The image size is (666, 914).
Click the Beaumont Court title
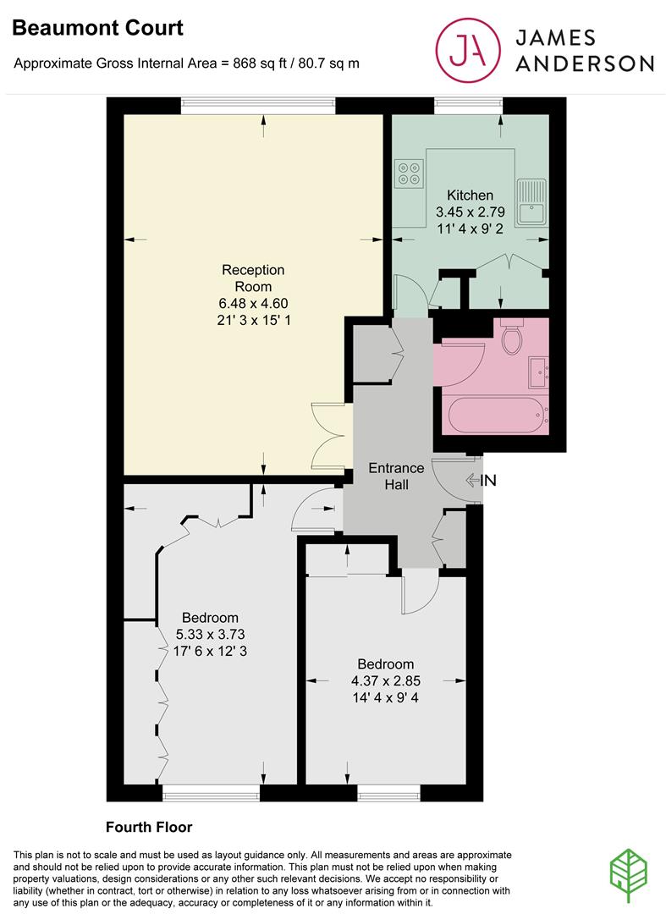(x=97, y=28)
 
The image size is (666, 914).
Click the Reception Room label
(x=253, y=278)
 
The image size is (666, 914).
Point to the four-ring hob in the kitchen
(x=409, y=172)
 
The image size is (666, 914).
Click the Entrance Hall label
(x=396, y=476)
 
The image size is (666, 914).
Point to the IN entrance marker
(x=480, y=481)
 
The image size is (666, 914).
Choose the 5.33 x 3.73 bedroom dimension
(x=207, y=634)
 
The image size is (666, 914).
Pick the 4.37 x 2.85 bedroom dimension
(x=385, y=680)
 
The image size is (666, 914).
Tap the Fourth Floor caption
(x=149, y=827)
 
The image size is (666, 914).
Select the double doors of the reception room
(x=328, y=435)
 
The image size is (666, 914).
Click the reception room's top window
(x=257, y=105)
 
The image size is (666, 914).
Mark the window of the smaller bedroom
(x=388, y=793)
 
